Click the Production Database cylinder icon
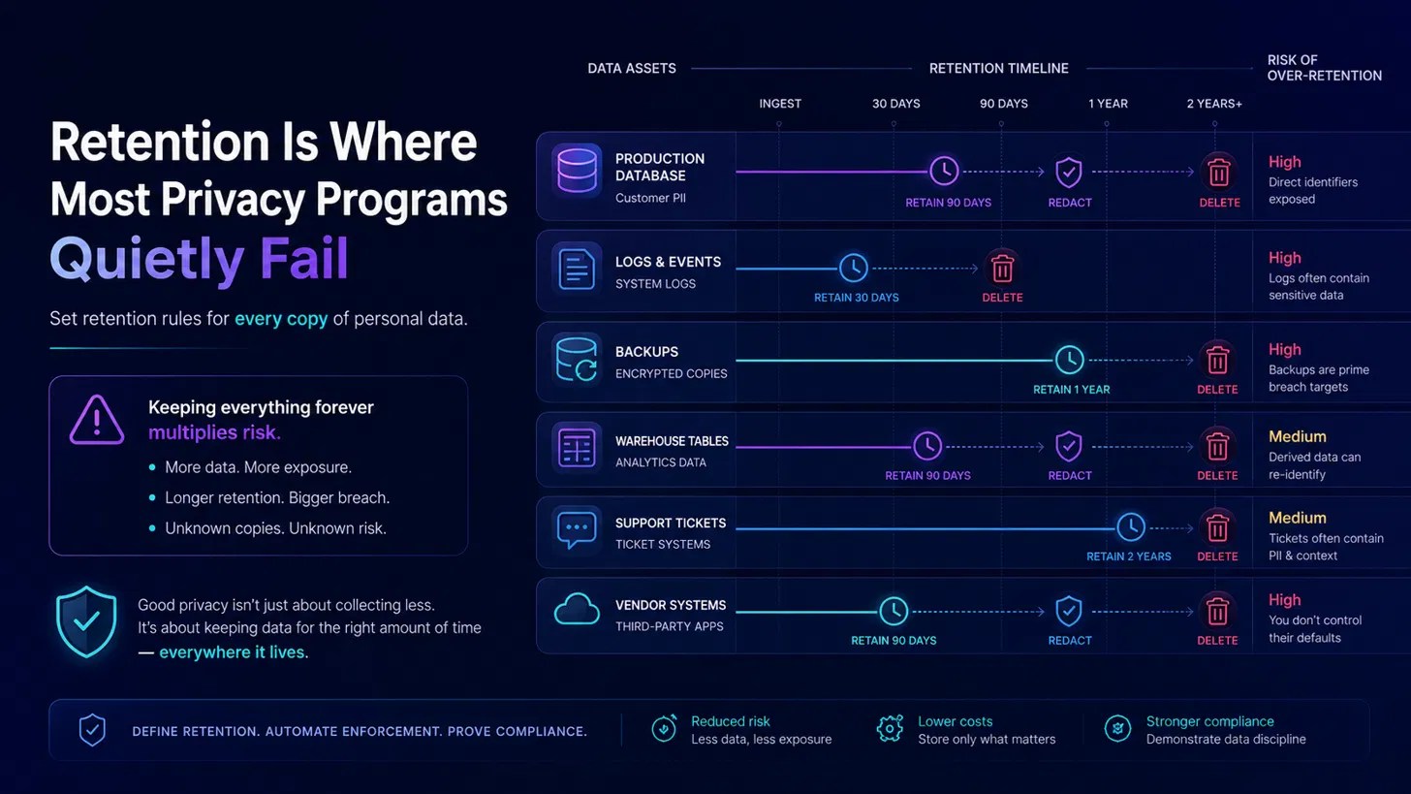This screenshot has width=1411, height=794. [577, 171]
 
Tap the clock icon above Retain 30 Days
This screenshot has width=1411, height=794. [853, 268]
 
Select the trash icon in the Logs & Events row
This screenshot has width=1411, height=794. [1002, 269]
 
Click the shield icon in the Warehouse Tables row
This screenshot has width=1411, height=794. [1068, 447]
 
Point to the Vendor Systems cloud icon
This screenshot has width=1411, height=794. [577, 610]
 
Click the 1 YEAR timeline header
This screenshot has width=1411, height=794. [1108, 104]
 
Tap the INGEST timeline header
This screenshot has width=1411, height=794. [780, 104]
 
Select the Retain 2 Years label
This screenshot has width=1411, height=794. [1129, 556]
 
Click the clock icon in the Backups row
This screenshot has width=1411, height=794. [1069, 360]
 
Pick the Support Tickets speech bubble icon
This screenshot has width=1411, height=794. [577, 529]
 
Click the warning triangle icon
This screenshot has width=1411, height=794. [96, 421]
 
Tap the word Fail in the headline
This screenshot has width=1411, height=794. [303, 258]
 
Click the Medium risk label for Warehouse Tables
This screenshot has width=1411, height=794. [1297, 436]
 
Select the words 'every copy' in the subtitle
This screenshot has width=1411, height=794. [281, 319]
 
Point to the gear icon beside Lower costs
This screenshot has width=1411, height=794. [890, 729]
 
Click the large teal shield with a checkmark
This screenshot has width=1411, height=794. [86, 622]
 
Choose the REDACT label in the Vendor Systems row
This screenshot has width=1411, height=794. [1070, 640]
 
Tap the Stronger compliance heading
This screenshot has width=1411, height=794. [1209, 721]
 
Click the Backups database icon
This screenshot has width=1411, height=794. [577, 359]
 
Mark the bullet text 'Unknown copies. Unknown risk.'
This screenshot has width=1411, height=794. [275, 528]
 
